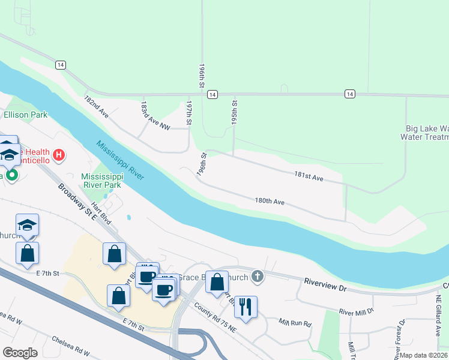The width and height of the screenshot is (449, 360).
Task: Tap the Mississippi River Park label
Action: pos(102,181)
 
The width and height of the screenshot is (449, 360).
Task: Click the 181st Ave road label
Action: pos(309,178)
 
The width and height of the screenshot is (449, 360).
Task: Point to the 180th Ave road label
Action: pos(270,202)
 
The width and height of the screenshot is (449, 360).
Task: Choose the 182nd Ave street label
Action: pos(96,106)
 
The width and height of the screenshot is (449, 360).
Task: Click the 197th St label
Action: pos(188,113)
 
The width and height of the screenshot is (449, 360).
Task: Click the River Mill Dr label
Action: pos(356,311)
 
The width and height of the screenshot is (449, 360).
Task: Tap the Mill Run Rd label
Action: pos(295,323)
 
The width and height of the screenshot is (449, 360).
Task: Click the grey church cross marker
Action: pos(257,277)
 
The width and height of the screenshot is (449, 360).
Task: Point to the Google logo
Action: pos(20,353)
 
